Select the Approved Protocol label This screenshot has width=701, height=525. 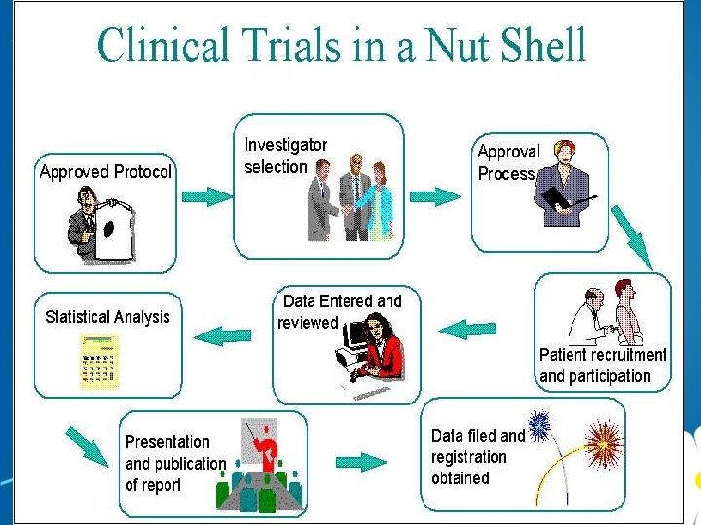105,172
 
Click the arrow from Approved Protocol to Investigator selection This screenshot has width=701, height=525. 208,195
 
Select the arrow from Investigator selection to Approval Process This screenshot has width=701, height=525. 434,195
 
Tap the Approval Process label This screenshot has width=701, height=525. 507,162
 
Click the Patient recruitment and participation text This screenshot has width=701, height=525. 603,366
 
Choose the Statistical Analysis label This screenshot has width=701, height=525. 107,317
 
